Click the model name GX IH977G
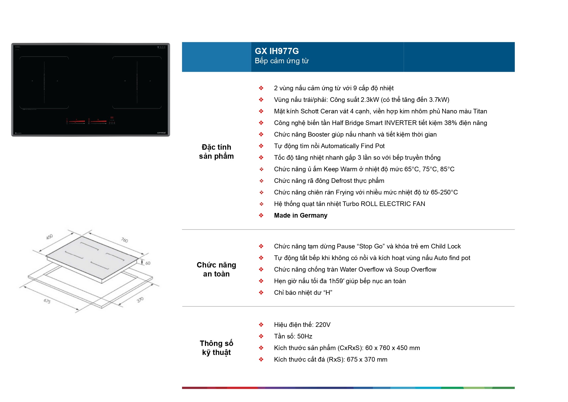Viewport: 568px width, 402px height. tap(277, 51)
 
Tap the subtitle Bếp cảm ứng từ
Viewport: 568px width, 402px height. tap(282, 61)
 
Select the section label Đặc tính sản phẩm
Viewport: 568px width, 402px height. tap(216, 151)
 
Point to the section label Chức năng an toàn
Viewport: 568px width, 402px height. tap(216, 269)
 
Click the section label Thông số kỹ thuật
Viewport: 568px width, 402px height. tap(216, 348)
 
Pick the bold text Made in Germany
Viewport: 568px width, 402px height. tap(301, 215)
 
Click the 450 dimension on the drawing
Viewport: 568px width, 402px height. tap(49, 237)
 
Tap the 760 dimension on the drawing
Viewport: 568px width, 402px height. tap(124, 240)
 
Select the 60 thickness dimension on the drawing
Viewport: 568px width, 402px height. tap(148, 263)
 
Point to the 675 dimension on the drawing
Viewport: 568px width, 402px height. tap(47, 301)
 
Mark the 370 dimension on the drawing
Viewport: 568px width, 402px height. tap(140, 300)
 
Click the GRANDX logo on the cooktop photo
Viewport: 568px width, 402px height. tap(161, 133)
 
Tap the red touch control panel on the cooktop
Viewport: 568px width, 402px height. tap(91, 121)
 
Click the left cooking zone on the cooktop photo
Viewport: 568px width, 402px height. tap(44, 82)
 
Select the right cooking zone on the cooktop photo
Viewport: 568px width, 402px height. tap(137, 82)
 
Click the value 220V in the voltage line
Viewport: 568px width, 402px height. tap(323, 325)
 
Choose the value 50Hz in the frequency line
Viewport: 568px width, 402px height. tap(305, 336)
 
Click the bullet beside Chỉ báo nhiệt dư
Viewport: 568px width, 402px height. tap(261, 292)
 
